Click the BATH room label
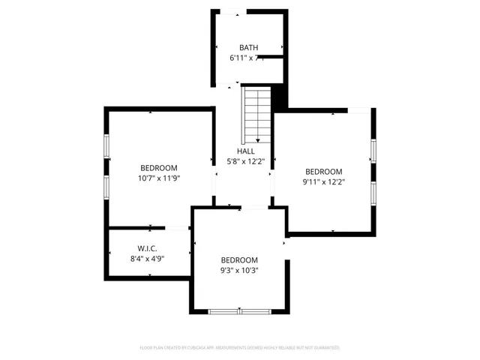click(248, 47)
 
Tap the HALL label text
click(246, 151)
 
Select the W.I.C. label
click(147, 248)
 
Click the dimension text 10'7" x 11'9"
click(159, 178)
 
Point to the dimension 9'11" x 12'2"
click(323, 181)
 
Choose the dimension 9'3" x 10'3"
click(239, 270)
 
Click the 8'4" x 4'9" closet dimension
click(147, 259)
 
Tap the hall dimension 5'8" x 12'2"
click(246, 160)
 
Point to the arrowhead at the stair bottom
click(256, 141)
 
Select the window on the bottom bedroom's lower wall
click(240, 310)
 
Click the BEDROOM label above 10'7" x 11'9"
click(159, 167)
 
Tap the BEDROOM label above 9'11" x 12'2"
click(323, 171)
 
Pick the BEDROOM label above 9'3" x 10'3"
click(239, 260)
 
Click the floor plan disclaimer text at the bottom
click(240, 348)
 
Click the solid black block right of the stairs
click(278, 96)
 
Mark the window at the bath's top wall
click(231, 11)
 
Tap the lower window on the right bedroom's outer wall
click(373, 192)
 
